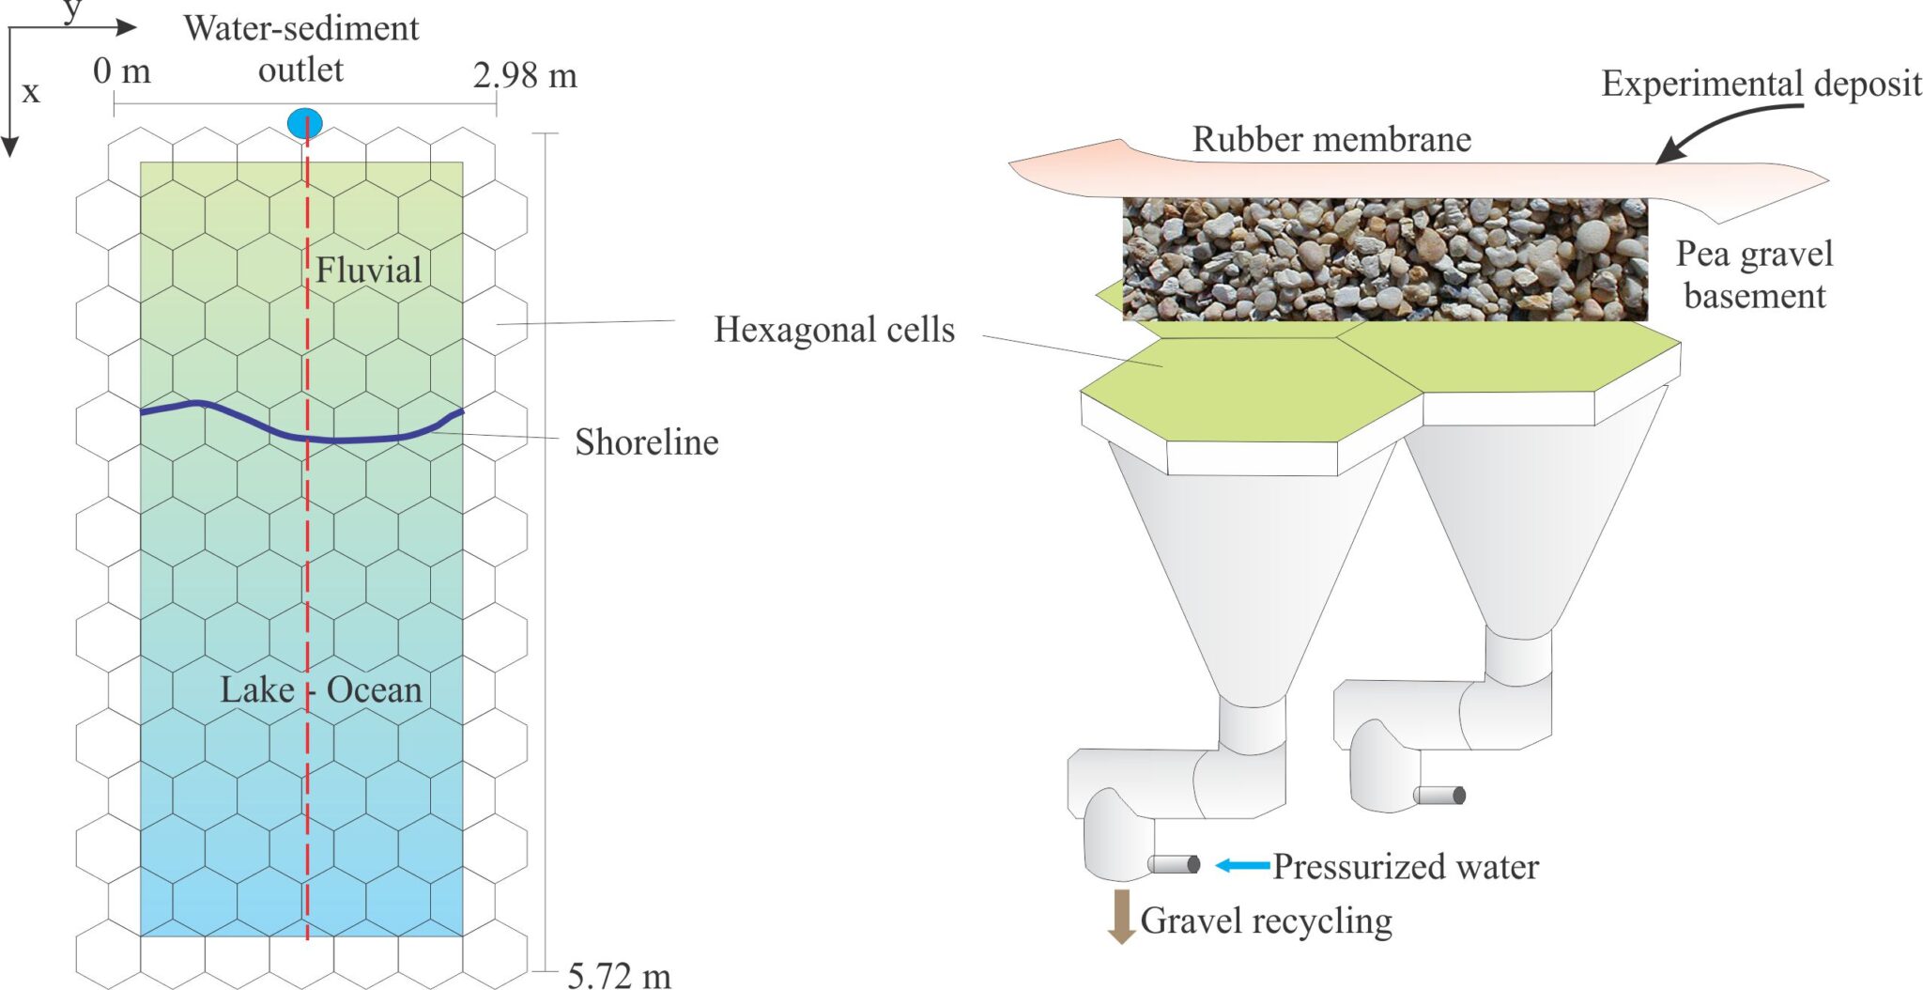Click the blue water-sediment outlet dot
coord(304,123)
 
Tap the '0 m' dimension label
coord(122,71)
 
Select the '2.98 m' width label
coord(525,75)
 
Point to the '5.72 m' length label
coord(619,976)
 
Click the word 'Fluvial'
coord(368,271)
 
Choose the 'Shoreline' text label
coord(646,442)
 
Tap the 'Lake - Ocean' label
coord(320,690)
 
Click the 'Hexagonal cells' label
coord(834,330)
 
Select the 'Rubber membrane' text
coord(1331,140)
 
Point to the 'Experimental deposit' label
coord(1761,84)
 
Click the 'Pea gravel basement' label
coord(1754,274)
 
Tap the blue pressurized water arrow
coord(1242,865)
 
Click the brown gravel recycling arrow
coord(1120,915)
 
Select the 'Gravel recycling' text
coord(1266,920)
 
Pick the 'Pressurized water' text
coord(1405,866)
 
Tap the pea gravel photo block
coord(1385,259)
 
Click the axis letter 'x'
coord(31,92)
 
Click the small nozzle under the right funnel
coord(1439,796)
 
